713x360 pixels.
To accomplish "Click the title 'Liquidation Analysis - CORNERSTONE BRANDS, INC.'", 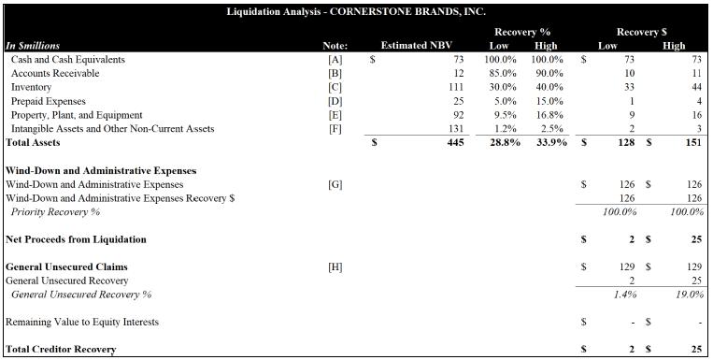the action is pyautogui.click(x=356, y=12).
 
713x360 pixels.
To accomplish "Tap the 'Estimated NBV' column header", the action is pyautogui.click(x=416, y=46).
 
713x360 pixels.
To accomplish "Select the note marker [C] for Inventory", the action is pyautogui.click(x=335, y=87).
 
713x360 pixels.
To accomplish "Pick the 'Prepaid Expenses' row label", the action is pyautogui.click(x=49, y=101).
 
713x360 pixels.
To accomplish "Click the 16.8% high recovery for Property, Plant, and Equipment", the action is pyautogui.click(x=548, y=115).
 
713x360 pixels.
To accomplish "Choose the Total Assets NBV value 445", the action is pyautogui.click(x=455, y=142).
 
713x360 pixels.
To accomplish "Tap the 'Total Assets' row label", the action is pyautogui.click(x=33, y=142).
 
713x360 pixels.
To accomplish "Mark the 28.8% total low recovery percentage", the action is pyautogui.click(x=505, y=142).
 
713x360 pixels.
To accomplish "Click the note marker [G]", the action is pyautogui.click(x=335, y=185).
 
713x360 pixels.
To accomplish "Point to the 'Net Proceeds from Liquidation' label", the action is pyautogui.click(x=76, y=239).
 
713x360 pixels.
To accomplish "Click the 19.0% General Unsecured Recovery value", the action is pyautogui.click(x=690, y=295).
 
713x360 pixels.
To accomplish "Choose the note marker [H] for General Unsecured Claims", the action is pyautogui.click(x=335, y=267).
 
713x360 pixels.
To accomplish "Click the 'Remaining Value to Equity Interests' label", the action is pyautogui.click(x=82, y=323).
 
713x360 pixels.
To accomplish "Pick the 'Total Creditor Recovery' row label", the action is pyautogui.click(x=61, y=350).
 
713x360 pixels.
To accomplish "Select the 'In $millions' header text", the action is pyautogui.click(x=33, y=46).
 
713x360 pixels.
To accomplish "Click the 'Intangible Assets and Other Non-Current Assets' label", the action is pyautogui.click(x=112, y=129).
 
